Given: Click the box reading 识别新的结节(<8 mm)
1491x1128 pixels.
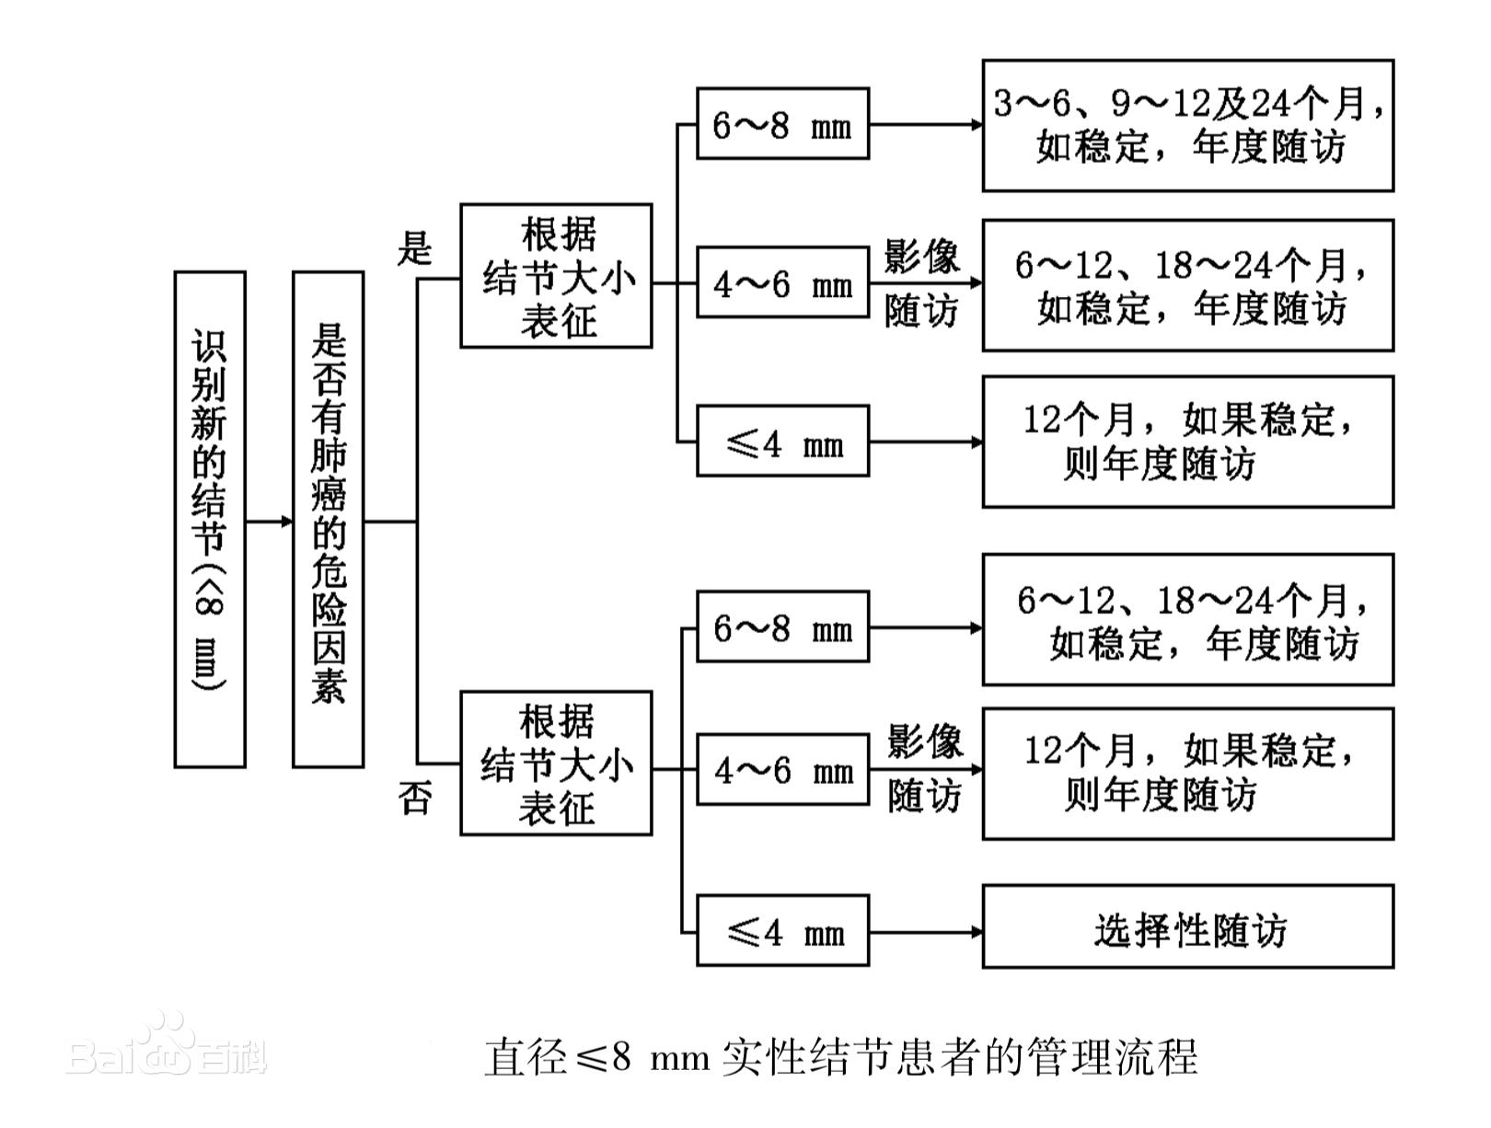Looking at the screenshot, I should [210, 519].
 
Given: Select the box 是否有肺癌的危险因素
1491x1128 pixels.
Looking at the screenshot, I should [328, 519].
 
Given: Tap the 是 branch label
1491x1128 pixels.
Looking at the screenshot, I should [415, 247].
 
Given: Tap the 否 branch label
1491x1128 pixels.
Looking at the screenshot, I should [415, 798].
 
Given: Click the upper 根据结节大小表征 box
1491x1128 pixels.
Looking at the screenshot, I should [556, 276].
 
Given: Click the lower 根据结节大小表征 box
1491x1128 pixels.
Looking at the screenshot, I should [556, 764].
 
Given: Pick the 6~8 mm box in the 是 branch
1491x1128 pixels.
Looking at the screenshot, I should [782, 124].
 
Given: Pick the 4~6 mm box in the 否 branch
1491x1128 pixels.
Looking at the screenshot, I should [782, 770].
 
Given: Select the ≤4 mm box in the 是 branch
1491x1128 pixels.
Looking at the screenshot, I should [782, 442].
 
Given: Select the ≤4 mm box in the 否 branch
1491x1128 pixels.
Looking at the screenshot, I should [782, 932].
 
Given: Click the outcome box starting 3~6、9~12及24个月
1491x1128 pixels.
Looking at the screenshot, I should [1187, 126].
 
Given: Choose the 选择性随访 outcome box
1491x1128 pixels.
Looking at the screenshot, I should [1187, 927].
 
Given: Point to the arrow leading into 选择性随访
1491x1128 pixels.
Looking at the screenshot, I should [925, 932].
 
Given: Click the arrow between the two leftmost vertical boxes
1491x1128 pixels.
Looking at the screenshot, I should [269, 522].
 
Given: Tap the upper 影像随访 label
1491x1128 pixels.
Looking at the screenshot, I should [921, 283].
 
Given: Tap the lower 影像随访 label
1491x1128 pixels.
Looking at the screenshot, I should [924, 769].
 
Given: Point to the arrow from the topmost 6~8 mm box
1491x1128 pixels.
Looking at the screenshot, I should [925, 124].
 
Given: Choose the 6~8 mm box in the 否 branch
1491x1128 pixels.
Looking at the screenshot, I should [782, 627].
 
